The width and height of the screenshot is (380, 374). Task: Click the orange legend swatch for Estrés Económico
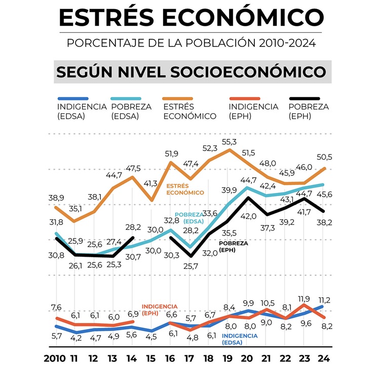click(x=178, y=99)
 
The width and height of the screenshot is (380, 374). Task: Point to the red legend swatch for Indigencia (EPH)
click(x=245, y=99)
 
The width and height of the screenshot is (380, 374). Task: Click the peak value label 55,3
click(x=231, y=142)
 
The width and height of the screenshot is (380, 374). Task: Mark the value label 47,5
click(x=133, y=168)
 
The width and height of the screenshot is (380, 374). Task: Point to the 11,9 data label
click(x=305, y=299)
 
